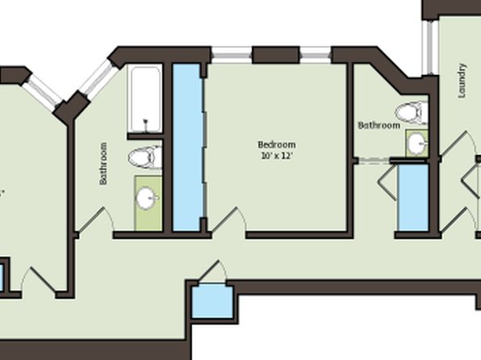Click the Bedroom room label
[x=277, y=144]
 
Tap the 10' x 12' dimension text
[x=277, y=156]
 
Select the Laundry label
[x=462, y=81]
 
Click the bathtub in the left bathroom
[x=144, y=98]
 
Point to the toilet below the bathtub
[x=144, y=157]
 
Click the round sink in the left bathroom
[x=147, y=198]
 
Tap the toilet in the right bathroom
[x=412, y=113]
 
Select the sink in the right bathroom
[x=418, y=144]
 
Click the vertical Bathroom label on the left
[x=103, y=163]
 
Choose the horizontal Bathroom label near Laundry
[x=379, y=125]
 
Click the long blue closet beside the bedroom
[x=187, y=147]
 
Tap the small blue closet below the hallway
[x=212, y=301]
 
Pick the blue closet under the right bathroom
[x=413, y=198]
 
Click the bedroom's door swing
[x=229, y=220]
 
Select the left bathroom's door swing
[x=96, y=219]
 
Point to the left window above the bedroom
[x=232, y=55]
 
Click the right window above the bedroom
[x=316, y=55]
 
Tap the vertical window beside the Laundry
[x=428, y=48]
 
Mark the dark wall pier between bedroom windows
[x=275, y=55]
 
